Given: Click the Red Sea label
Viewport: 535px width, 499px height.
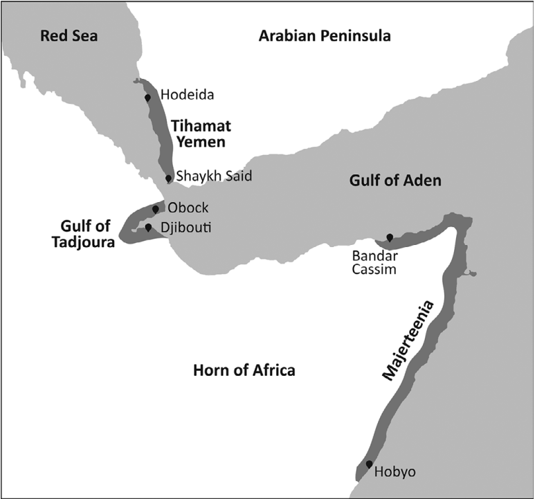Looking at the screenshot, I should [69, 36].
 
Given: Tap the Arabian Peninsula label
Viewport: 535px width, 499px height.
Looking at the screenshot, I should [325, 36].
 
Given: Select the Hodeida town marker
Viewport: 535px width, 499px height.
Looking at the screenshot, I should [147, 98].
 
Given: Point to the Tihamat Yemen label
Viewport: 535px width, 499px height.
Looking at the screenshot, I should [201, 134].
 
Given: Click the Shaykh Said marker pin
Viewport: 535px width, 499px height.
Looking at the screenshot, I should [168, 179].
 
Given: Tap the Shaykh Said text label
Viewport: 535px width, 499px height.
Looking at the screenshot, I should [214, 176].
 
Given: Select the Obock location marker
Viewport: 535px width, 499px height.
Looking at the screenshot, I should [156, 208].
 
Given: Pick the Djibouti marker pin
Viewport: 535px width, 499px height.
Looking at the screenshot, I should [148, 227].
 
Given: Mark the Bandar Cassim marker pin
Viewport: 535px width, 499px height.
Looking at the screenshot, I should [390, 238].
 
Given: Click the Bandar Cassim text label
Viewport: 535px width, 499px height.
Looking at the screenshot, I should [374, 262].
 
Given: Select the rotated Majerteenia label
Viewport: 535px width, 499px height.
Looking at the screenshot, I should [410, 340].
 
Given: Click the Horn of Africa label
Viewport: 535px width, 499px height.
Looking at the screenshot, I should [244, 370].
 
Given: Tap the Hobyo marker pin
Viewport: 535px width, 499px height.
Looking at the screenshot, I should [369, 464].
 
